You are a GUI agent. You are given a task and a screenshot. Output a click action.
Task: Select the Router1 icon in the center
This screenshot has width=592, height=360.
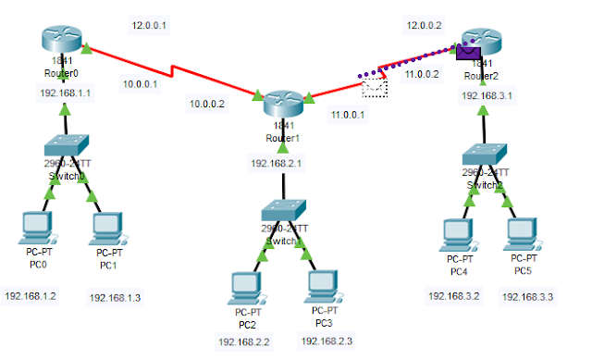[x=283, y=104]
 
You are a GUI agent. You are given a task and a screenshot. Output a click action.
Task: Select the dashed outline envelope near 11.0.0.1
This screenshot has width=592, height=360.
[x=375, y=89]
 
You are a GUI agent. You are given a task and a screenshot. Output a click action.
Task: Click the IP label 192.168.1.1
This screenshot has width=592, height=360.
[x=65, y=93]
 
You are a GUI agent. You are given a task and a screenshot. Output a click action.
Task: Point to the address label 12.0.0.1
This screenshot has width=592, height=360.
[x=150, y=24]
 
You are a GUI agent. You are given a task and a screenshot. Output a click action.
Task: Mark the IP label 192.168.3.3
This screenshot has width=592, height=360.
[x=528, y=297]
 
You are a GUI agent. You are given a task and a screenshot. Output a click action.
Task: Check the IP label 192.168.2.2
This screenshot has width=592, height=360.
[x=245, y=341]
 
